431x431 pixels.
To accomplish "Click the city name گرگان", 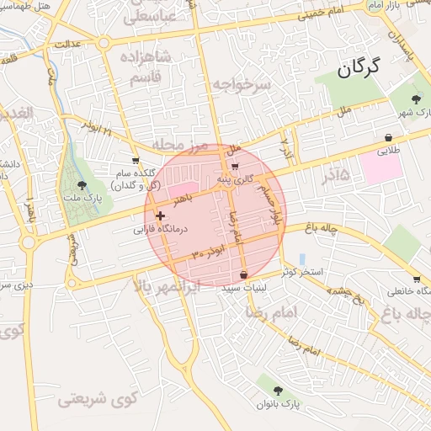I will (x=359, y=67).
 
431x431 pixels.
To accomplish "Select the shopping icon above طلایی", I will (x=387, y=137).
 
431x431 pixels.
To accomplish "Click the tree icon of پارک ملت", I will (x=82, y=185).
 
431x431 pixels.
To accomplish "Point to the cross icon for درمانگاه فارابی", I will (x=161, y=215).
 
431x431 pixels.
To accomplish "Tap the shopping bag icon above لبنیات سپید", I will (x=243, y=274).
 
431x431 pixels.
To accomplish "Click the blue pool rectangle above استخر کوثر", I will (x=303, y=258).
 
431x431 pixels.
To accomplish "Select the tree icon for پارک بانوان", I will (x=278, y=390).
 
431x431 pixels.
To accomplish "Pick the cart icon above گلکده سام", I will (x=136, y=159).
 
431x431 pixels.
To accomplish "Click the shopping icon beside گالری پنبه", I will (x=234, y=165).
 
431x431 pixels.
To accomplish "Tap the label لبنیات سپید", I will (x=243, y=288).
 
